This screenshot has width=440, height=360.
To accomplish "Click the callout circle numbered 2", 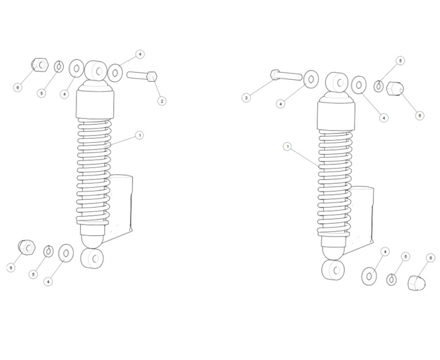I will pyautogui.click(x=161, y=101).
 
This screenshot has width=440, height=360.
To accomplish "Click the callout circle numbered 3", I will pyautogui.click(x=245, y=97).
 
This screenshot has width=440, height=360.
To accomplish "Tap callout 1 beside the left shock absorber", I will pyautogui.click(x=140, y=136).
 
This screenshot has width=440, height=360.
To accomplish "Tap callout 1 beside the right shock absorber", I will pyautogui.click(x=288, y=146).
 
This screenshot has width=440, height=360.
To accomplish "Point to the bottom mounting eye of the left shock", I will pyautogui.click(x=91, y=260).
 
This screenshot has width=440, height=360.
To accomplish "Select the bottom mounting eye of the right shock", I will pyautogui.click(x=333, y=270).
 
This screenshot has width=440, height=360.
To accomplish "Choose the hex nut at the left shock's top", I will pyautogui.click(x=39, y=65).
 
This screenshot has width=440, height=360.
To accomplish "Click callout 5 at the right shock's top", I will pyautogui.click(x=401, y=61).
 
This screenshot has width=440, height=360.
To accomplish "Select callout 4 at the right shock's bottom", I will pyautogui.click(x=385, y=251).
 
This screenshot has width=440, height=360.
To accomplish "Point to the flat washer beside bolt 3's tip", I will pyautogui.click(x=311, y=79).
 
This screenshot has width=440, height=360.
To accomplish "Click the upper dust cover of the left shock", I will pyautogui.click(x=95, y=101).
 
